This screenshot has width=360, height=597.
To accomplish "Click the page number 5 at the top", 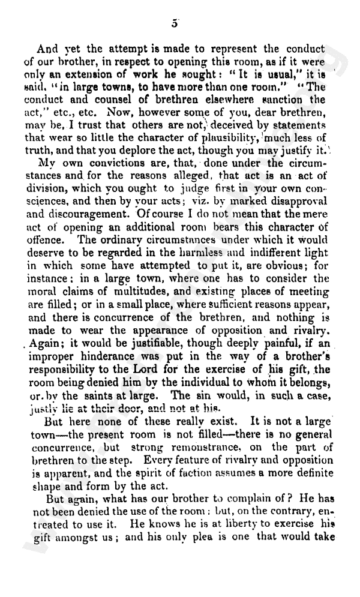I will [175, 23].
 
